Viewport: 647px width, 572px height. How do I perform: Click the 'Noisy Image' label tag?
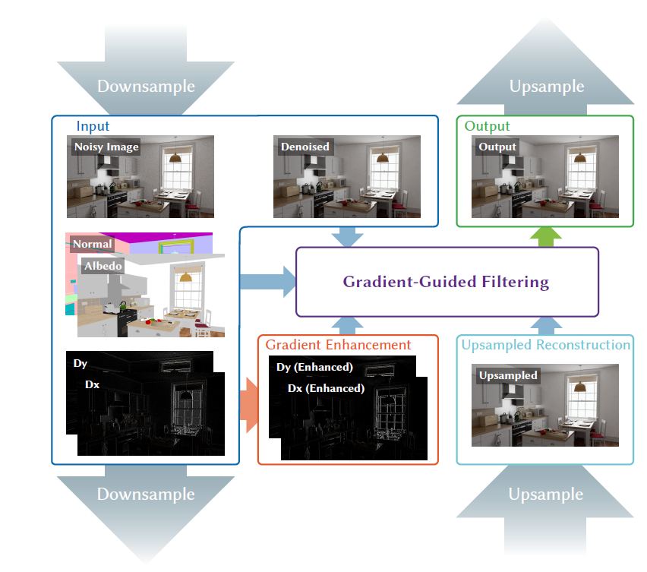[x=106, y=147]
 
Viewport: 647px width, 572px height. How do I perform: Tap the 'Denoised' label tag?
[x=305, y=147]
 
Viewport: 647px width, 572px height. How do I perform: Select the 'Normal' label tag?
[x=93, y=244]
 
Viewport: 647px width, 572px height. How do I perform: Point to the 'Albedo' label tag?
[x=103, y=266]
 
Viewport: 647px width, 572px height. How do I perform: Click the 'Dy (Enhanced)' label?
[x=314, y=367]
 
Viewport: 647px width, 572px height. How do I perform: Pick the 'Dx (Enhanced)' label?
[x=326, y=388]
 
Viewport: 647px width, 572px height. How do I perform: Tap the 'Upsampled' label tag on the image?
[x=508, y=375]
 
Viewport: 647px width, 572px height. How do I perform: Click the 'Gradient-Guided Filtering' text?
[x=446, y=282]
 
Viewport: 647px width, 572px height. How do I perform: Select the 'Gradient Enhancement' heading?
[x=338, y=345]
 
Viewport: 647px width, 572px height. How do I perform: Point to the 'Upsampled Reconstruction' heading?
[x=545, y=345]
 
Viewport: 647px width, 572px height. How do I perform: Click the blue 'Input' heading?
[x=93, y=126]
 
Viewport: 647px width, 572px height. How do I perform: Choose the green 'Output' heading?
[x=487, y=126]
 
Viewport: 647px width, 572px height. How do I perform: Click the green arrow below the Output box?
[x=545, y=237]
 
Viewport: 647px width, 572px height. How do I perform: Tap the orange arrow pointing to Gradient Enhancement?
[x=249, y=405]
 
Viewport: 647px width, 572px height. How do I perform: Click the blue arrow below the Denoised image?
[x=348, y=237]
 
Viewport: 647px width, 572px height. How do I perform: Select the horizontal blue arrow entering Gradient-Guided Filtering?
[x=268, y=282]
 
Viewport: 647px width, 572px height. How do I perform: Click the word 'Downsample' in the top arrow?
[x=146, y=87]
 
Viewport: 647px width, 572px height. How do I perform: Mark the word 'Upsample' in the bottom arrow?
[x=545, y=494]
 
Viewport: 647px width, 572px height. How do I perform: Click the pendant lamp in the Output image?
[x=579, y=157]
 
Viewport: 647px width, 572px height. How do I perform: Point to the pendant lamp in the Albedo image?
[x=186, y=277]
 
